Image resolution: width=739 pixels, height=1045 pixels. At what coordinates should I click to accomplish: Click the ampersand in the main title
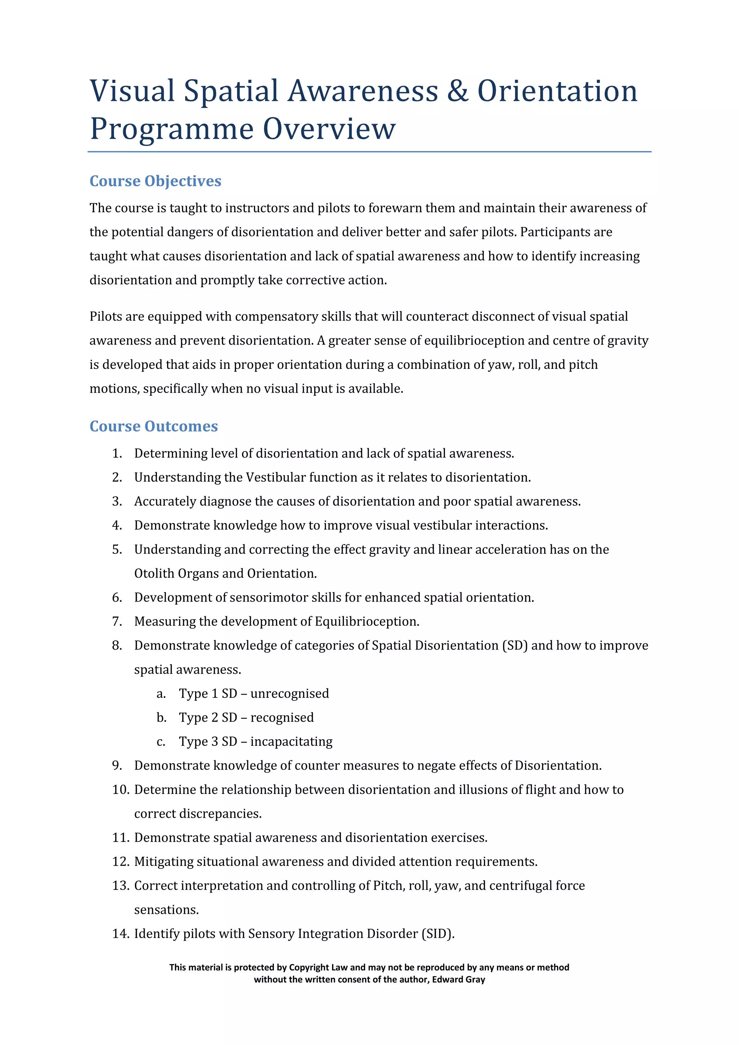[457, 91]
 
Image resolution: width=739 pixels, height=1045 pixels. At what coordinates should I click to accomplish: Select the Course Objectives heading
[155, 181]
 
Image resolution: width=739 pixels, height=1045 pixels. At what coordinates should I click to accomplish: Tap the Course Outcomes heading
[153, 427]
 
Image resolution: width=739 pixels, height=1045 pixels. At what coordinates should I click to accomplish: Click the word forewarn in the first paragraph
[395, 208]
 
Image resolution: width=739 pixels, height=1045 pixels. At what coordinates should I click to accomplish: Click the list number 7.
[117, 621]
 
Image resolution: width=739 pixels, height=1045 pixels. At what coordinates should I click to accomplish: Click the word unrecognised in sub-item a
[289, 693]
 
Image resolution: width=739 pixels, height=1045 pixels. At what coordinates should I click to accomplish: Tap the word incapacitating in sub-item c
[291, 742]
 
